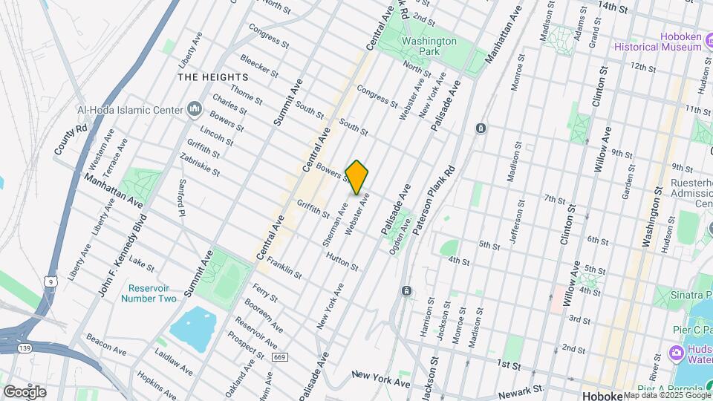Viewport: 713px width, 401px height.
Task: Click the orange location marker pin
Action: pos(357,177)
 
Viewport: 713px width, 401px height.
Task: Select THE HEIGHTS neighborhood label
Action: pos(212,77)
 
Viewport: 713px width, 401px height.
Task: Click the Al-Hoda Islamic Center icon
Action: pos(195,110)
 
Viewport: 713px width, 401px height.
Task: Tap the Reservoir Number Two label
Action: pos(152,293)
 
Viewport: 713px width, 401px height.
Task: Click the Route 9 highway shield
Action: pos(48,281)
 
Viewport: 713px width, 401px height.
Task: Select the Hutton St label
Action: pos(342,261)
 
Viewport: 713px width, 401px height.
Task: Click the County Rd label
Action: pos(71,140)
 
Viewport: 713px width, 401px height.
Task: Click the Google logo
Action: pos(25,391)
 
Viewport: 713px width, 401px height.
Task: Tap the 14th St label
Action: pos(613,7)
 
